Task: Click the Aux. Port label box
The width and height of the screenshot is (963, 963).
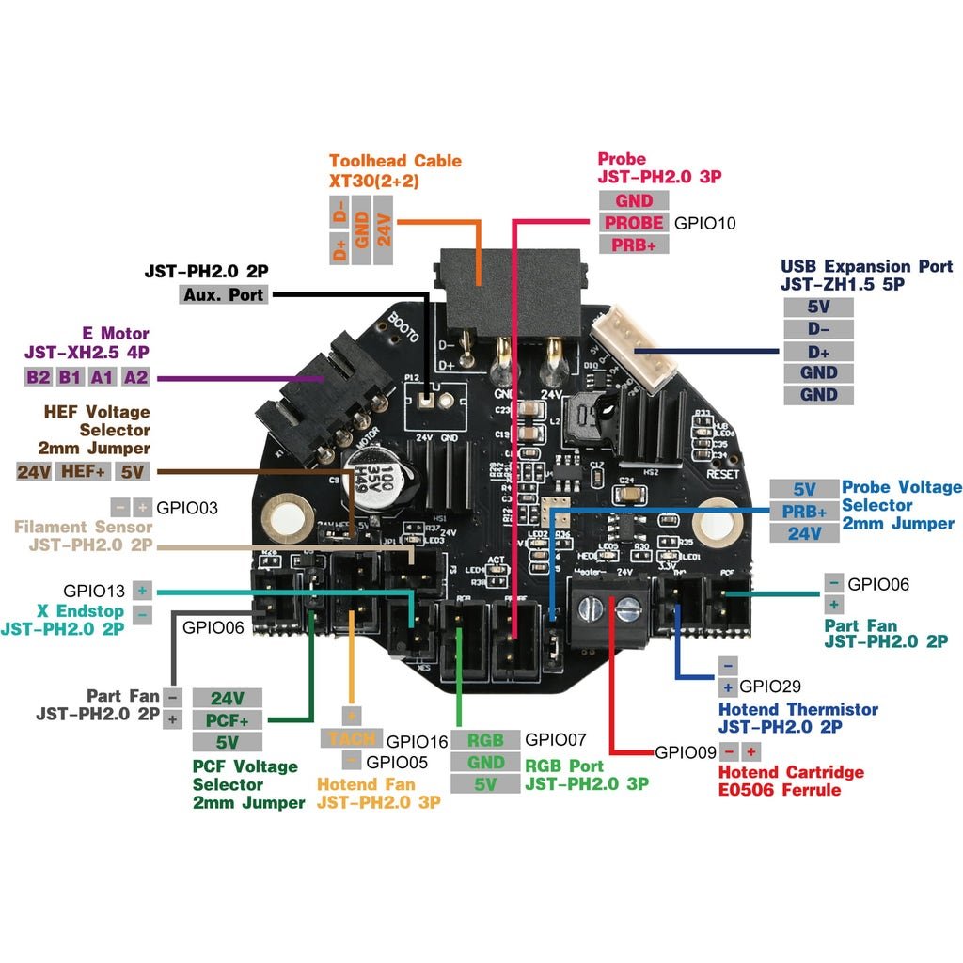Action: tap(223, 294)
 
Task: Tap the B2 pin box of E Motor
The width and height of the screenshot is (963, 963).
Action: tap(38, 377)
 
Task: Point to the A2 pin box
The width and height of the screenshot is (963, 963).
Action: tap(136, 377)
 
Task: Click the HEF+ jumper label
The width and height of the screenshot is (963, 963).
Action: tap(85, 471)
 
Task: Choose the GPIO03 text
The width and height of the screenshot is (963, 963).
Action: tap(187, 508)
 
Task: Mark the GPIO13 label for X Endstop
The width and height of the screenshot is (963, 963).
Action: tap(95, 591)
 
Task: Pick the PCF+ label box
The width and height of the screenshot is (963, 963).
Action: tap(227, 720)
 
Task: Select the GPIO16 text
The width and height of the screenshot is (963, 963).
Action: tap(418, 740)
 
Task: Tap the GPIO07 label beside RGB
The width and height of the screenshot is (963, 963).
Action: tap(555, 739)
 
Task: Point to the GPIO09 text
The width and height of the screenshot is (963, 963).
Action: tap(686, 752)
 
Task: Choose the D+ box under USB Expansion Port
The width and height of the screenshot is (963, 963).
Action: tap(818, 351)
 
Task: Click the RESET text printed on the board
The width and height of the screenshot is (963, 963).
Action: tap(722, 475)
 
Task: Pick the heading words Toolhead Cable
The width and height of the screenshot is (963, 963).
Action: tap(395, 161)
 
